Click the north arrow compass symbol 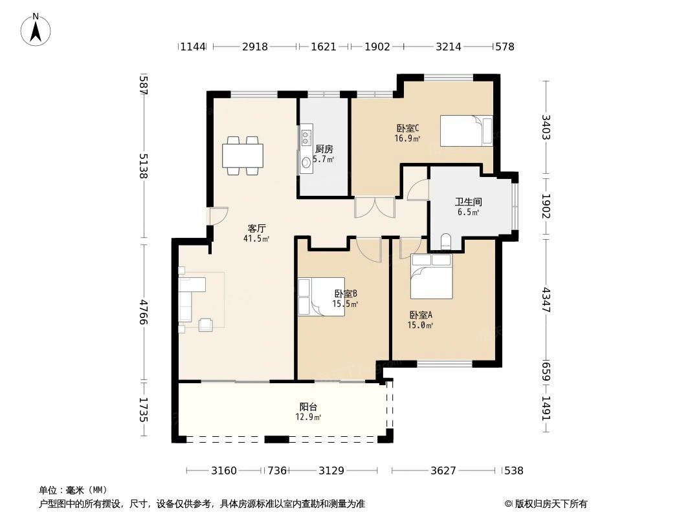pos(36,30)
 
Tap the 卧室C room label pos(408,128)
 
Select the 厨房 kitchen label pos(324,149)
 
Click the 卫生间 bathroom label pos(468,202)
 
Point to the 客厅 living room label pos(256,228)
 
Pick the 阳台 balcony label pos(308,406)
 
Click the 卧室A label pos(421,315)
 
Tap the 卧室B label pos(346,293)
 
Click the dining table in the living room pos(243,156)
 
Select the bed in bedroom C pos(467,131)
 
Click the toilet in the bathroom pos(446,242)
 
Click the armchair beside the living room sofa pos(205,324)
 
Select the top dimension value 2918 pos(255,47)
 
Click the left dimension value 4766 pos(143,312)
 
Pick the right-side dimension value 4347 pos(546,300)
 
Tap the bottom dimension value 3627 pos(443,471)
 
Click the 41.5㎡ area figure pos(256,239)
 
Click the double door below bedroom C pos(375,207)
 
